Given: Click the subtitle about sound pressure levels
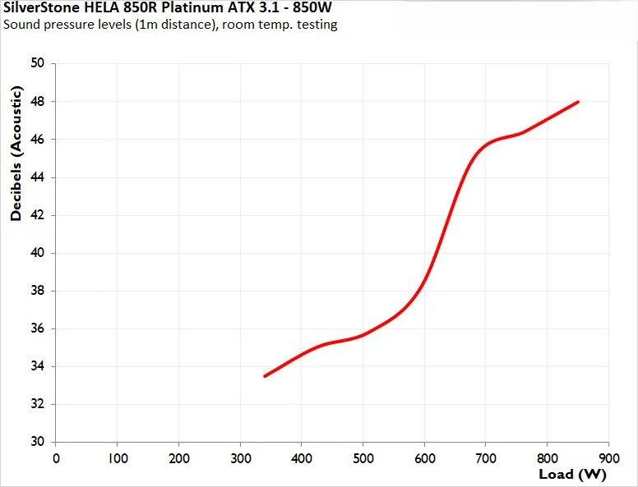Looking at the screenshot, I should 170,25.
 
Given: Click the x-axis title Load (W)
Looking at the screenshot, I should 572,474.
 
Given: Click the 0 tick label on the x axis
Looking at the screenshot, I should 56,457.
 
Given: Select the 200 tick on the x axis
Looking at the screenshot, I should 178,457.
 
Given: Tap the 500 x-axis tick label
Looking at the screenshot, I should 363,457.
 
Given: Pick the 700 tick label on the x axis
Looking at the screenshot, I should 486,457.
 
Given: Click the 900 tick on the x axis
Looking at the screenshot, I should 608,457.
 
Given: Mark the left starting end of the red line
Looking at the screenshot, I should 265,376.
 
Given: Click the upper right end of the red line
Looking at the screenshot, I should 578,102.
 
